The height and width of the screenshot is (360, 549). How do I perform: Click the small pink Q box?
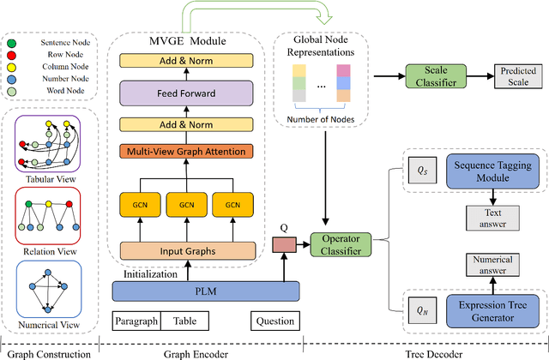pos(282,246)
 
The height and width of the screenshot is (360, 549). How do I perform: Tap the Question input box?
pos(274,322)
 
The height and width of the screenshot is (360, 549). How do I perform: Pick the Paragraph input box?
pos(136,322)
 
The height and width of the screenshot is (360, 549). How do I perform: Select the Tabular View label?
pos(47,177)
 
